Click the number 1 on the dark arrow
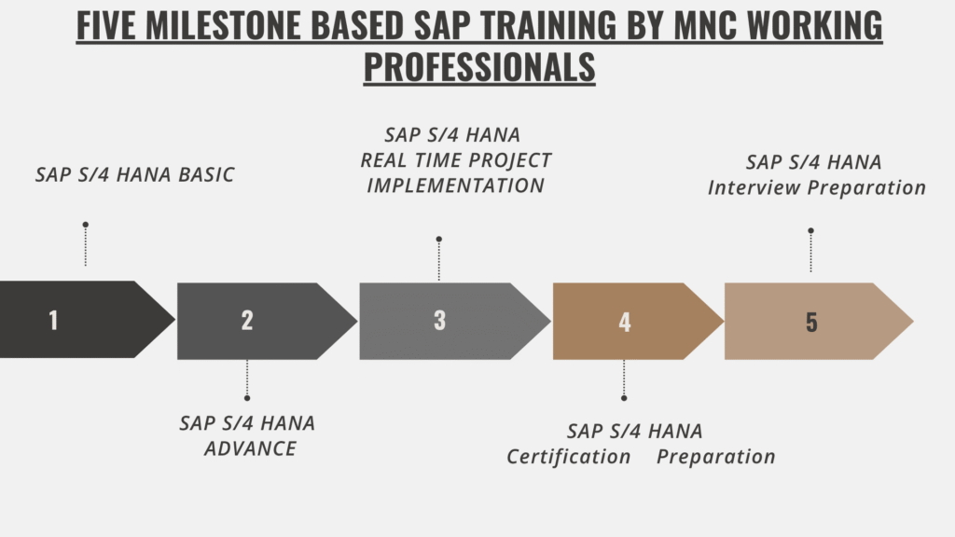[x=53, y=321]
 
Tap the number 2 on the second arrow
[x=246, y=321]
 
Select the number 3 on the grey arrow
[x=440, y=321]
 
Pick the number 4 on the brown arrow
[x=625, y=322]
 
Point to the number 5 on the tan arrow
[x=811, y=322]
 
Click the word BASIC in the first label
[x=206, y=174]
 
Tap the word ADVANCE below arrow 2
[x=250, y=448]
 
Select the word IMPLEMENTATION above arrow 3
[x=455, y=186]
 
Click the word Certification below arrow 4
[x=569, y=457]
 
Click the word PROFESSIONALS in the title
[x=479, y=66]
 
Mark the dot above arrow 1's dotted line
[x=86, y=225]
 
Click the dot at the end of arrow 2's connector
[x=246, y=398]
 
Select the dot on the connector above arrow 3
[x=438, y=240]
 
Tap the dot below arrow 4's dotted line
[x=624, y=398]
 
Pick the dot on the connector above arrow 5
[x=810, y=231]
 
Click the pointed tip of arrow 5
[x=913, y=321]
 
